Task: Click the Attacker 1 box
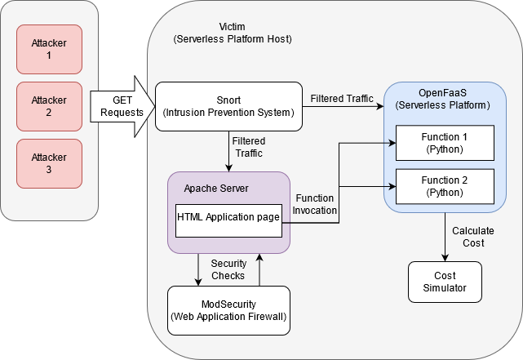(49, 49)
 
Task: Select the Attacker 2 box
(49, 106)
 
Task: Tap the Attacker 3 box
(49, 164)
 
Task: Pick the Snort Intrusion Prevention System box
(228, 106)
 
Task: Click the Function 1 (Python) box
(445, 142)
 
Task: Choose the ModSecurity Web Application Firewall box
(228, 310)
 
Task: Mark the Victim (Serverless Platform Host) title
(233, 33)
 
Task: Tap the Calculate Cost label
(468, 237)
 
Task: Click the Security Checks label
(228, 269)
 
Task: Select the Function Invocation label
(314, 205)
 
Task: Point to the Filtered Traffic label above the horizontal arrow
(342, 98)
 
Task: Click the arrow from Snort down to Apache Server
(229, 151)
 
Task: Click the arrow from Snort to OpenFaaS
(343, 106)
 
